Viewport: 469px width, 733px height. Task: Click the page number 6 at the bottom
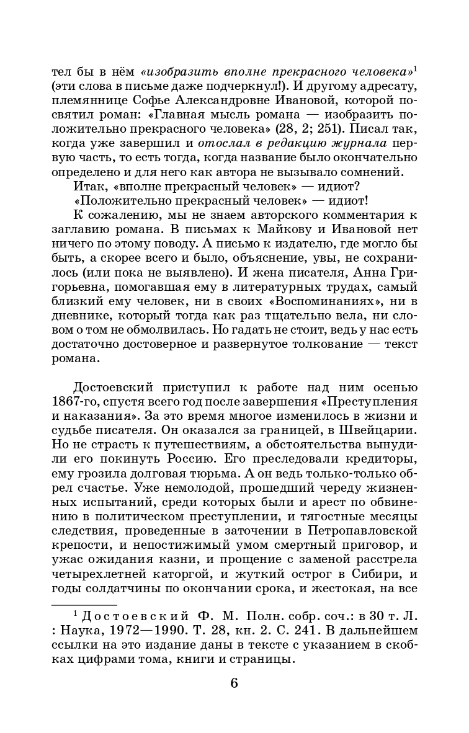tap(234, 683)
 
